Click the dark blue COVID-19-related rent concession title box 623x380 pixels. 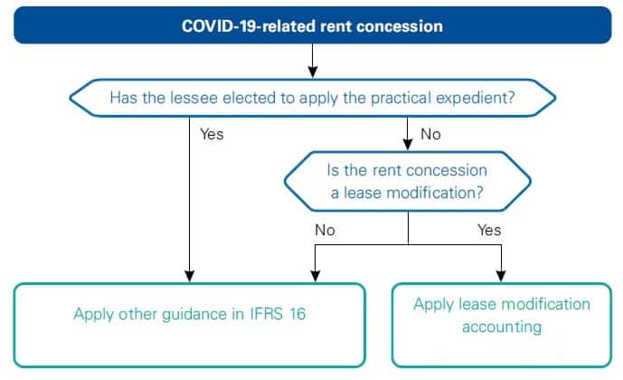click(311, 25)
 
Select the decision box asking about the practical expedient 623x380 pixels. click(311, 97)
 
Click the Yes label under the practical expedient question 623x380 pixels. click(211, 134)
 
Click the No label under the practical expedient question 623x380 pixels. click(430, 134)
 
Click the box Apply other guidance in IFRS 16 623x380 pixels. click(189, 325)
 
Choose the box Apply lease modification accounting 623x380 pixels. click(501, 325)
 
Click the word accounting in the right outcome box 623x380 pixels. click(501, 326)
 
